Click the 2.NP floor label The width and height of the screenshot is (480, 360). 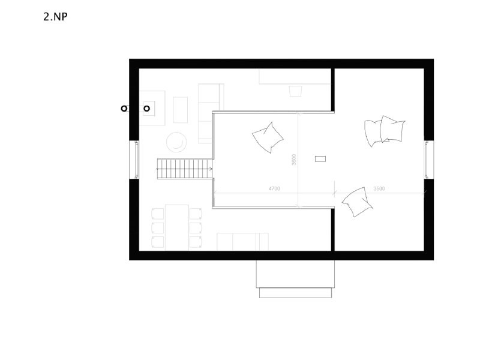(55, 17)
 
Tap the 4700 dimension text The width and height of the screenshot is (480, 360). (274, 188)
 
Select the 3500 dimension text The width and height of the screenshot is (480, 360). (379, 188)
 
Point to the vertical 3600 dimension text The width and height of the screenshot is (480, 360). (294, 160)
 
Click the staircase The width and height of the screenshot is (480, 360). (185, 169)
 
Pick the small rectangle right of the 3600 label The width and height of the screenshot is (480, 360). (320, 159)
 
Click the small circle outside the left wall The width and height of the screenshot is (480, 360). (124, 109)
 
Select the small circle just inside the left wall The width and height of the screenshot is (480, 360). (147, 109)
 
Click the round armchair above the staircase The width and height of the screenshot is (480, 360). (176, 142)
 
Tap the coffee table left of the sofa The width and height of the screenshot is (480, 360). (181, 110)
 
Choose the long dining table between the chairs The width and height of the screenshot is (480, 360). (176, 227)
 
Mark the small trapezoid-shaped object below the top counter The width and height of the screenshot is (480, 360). (295, 91)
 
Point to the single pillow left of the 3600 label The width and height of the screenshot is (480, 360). (268, 137)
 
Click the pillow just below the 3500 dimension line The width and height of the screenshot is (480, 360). (357, 202)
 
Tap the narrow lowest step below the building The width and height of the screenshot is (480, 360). (295, 293)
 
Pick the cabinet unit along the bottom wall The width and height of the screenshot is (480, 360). (242, 242)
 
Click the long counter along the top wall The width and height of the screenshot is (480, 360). (295, 76)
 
